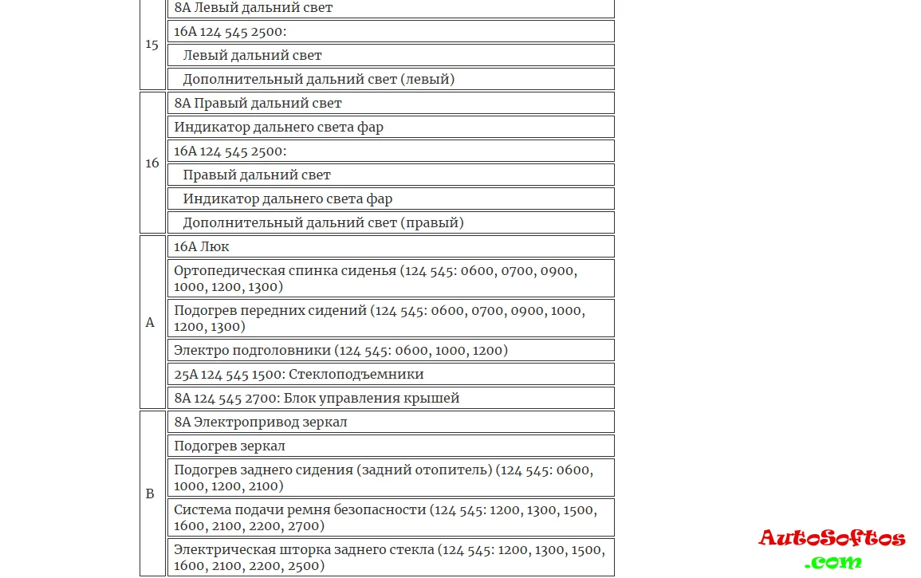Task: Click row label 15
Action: coord(152,45)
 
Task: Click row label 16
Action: coord(152,163)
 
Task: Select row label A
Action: coord(150,323)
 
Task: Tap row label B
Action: coord(150,494)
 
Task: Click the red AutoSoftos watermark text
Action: coord(831,538)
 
